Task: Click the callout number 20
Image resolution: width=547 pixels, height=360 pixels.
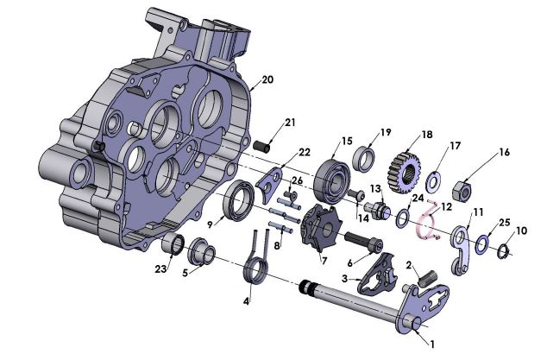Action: point(267,79)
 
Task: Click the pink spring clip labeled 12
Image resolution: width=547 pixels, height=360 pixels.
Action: point(423,227)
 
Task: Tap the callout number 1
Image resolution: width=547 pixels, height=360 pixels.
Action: point(432,343)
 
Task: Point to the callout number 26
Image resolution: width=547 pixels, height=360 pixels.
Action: point(297,180)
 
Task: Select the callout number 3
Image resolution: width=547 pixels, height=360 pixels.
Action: point(345,279)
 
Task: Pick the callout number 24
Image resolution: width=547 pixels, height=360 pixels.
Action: point(418,198)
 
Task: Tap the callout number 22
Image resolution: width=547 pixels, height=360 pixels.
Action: point(304,153)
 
